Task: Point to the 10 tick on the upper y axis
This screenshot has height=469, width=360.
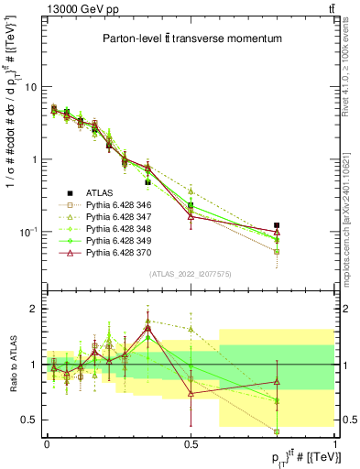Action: pyautogui.click(x=28, y=87)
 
